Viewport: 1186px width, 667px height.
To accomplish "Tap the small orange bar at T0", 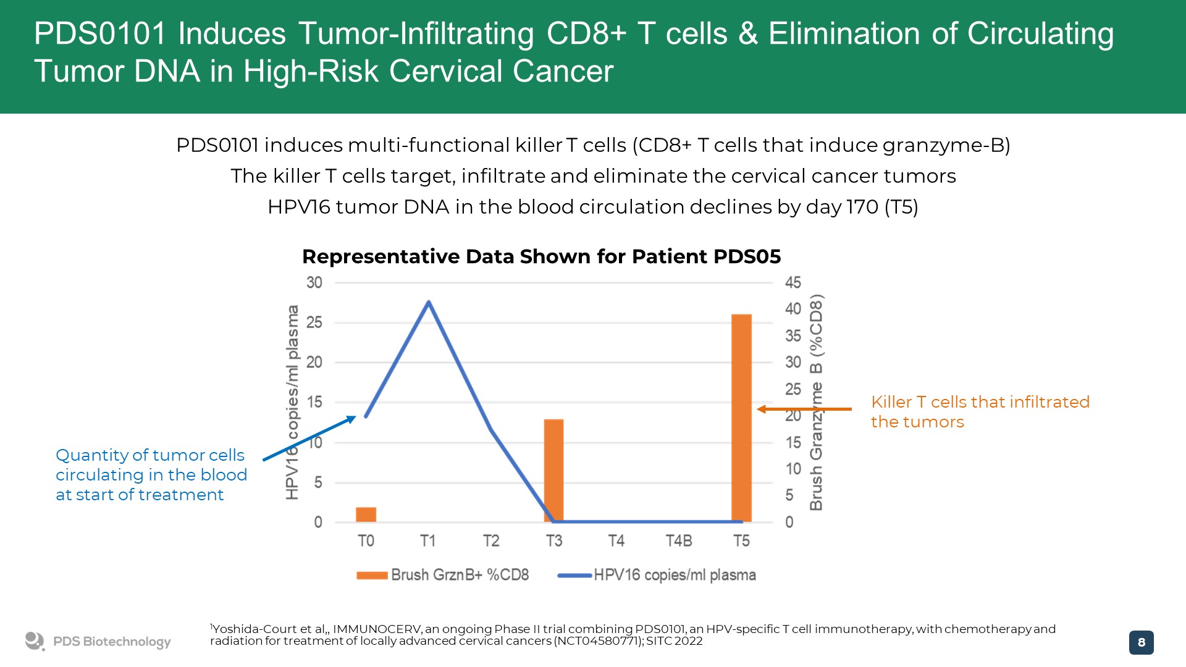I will point(366,514).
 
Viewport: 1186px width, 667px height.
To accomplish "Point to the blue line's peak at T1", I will point(429,302).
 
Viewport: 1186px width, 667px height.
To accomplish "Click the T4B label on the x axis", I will point(678,541).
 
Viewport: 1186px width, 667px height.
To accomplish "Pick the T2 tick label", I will point(491,541).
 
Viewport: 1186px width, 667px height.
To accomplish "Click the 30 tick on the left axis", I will point(314,283).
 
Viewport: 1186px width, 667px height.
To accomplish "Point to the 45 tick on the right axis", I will point(793,283).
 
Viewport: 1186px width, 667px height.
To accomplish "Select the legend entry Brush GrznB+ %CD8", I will point(442,575).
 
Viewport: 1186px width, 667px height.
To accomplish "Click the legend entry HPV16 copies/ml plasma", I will point(657,575).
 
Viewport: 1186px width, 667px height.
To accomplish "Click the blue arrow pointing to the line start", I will point(309,438).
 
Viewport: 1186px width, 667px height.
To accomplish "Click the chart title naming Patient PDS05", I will point(541,256).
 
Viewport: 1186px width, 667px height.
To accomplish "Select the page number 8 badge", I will point(1141,642).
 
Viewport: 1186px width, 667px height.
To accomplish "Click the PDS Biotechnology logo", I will point(98,642).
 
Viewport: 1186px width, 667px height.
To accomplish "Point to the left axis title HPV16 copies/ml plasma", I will point(292,402).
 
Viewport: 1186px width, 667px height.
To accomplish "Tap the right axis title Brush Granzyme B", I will point(816,402).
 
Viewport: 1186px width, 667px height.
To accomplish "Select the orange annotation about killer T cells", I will point(980,411).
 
